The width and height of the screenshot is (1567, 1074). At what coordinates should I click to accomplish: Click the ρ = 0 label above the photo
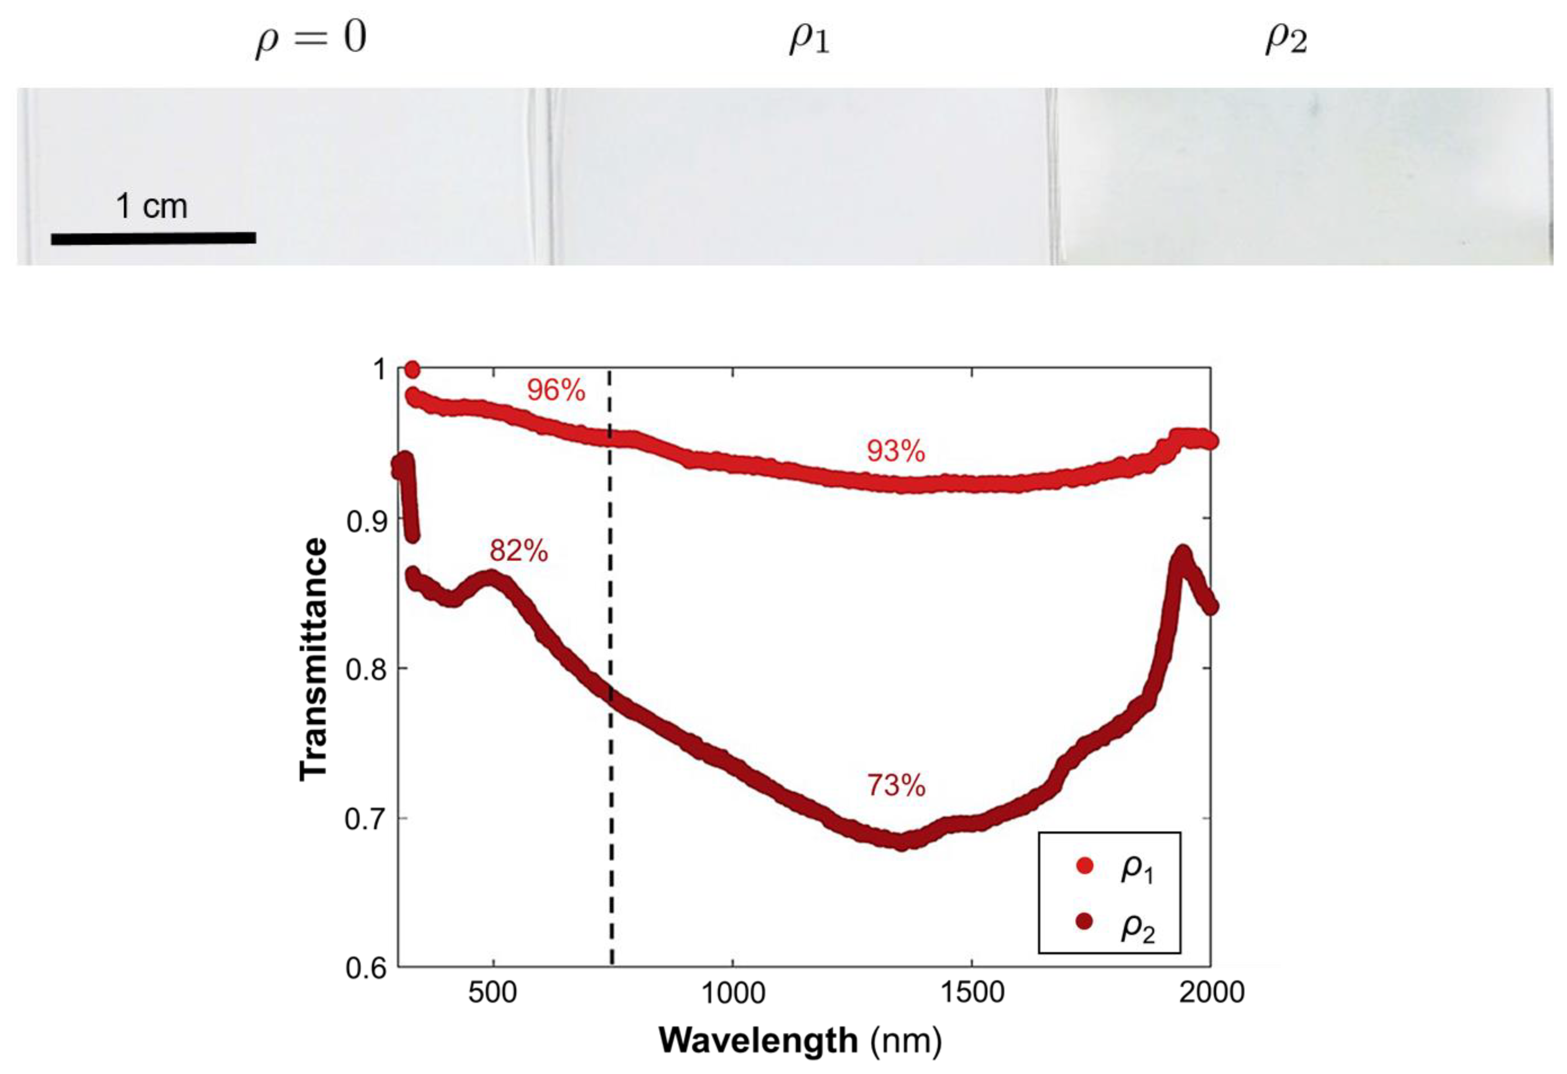pos(311,39)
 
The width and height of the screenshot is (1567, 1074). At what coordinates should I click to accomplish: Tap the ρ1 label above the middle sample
pos(809,39)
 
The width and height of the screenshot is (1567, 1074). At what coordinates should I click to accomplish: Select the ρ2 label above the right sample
pos(1285,39)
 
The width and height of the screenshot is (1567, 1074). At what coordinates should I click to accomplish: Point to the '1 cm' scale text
pos(152,206)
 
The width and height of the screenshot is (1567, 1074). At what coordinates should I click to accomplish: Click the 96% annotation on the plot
pos(556,391)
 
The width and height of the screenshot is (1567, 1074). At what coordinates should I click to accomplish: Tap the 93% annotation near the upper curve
pos(895,451)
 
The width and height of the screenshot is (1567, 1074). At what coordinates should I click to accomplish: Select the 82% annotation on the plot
pos(518,551)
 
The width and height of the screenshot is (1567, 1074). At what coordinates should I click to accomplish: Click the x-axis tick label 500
pos(493,992)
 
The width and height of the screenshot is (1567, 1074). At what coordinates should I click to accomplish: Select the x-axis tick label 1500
pos(972,992)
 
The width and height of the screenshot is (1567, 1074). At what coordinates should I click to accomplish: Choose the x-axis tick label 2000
pos(1211,992)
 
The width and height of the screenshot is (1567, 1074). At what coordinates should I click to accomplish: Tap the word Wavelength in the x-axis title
pos(757,1040)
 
